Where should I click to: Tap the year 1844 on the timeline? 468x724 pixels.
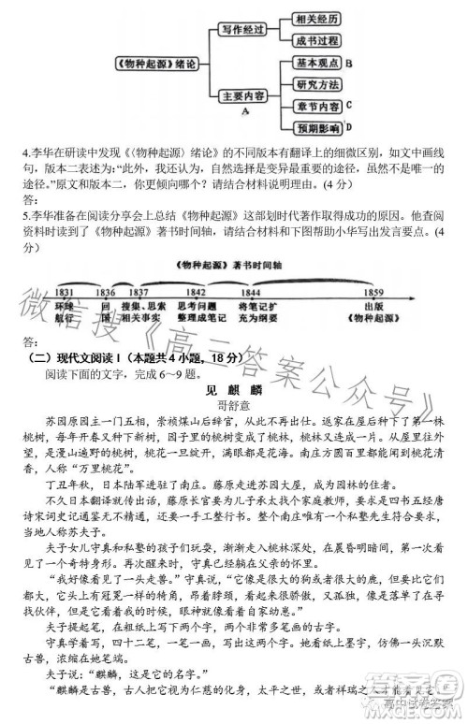click(249, 293)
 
